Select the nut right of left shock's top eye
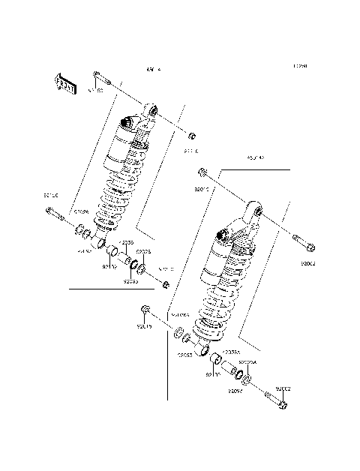tap(192, 136)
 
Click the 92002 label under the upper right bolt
tap(308, 264)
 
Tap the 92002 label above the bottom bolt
tap(282, 388)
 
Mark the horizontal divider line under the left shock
tap(116, 287)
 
